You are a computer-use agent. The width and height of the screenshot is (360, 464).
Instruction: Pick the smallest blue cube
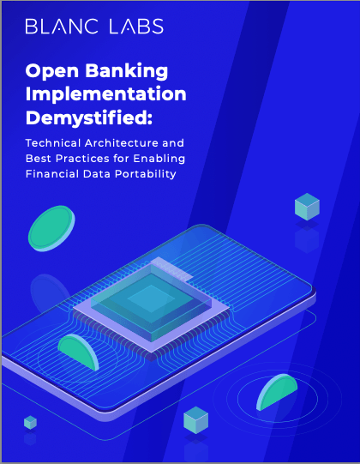click(31, 422)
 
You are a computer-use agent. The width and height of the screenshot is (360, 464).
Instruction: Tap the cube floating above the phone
click(307, 207)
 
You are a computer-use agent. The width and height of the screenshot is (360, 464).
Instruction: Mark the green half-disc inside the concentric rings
click(277, 393)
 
